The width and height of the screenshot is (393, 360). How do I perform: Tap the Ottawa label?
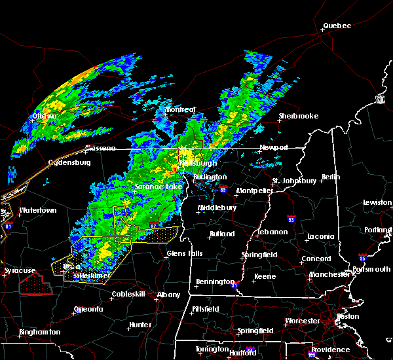tap(45, 117)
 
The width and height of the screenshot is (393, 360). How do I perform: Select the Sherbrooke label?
tap(298, 116)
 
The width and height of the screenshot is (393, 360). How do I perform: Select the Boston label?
tap(348, 316)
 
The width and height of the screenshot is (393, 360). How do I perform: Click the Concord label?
tap(316, 259)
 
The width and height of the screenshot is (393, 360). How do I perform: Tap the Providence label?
tap(330, 350)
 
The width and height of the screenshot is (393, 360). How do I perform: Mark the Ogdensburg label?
tap(69, 163)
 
